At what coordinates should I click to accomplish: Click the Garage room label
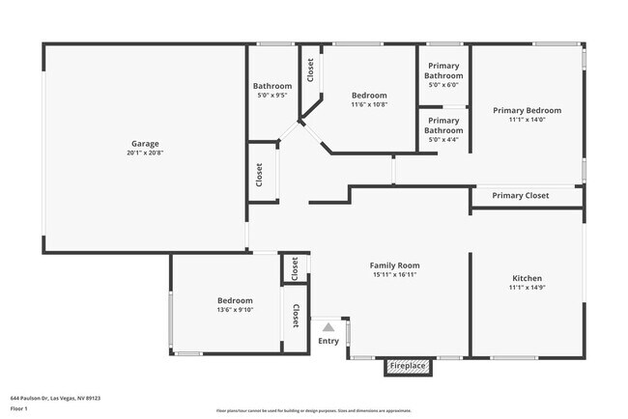(145, 144)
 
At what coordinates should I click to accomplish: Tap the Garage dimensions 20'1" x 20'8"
(145, 153)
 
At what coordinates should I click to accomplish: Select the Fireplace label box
(408, 366)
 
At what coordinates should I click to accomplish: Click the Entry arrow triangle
(328, 327)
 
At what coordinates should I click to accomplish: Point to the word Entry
(328, 340)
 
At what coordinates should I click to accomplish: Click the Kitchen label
(527, 278)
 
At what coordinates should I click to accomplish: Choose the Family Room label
(394, 265)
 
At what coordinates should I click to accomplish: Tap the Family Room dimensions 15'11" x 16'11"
(394, 273)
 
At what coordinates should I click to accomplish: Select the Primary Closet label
(520, 196)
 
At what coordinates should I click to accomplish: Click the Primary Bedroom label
(527, 110)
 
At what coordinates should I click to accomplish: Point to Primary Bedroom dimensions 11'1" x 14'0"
(527, 120)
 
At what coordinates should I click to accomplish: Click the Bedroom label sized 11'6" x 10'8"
(369, 96)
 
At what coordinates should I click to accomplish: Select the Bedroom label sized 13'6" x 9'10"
(235, 300)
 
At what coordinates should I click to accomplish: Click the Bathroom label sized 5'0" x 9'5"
(272, 86)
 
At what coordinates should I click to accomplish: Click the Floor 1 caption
(19, 407)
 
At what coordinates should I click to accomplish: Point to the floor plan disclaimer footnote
(314, 409)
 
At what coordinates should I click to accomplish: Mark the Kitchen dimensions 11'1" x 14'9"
(527, 288)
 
